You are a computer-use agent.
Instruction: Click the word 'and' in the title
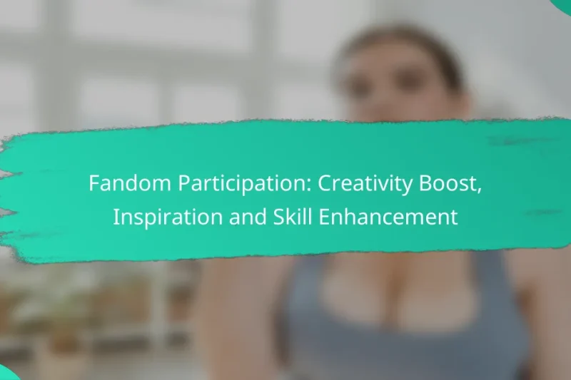pos(233,217)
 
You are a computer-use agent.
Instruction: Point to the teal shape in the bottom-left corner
pos(7,373)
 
